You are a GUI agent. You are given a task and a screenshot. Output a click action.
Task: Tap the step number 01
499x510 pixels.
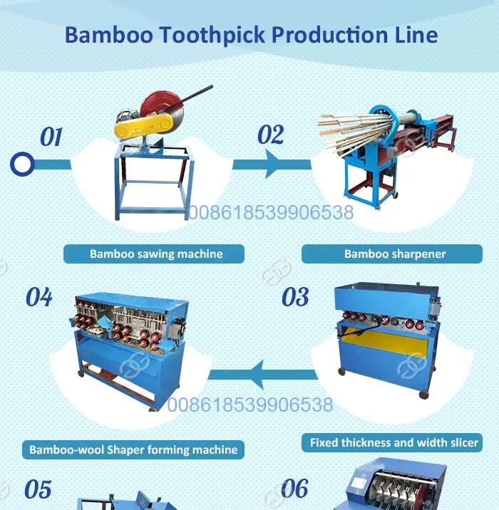click(51, 137)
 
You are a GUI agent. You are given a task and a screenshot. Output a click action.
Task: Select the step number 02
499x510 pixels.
click(270, 135)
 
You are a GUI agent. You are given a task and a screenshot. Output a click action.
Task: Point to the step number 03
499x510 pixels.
click(295, 296)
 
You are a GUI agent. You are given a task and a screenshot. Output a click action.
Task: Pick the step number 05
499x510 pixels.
click(38, 489)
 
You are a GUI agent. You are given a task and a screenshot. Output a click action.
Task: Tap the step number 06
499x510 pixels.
click(294, 488)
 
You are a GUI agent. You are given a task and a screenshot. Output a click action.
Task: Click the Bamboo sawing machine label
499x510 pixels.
click(154, 254)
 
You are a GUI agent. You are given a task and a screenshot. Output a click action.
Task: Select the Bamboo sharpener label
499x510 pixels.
click(392, 254)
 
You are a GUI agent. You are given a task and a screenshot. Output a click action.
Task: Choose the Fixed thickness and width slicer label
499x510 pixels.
click(392, 442)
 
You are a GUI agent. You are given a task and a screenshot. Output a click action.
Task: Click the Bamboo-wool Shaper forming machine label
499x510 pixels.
click(133, 450)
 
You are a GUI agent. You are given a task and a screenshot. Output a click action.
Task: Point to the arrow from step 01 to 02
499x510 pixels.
click(272, 164)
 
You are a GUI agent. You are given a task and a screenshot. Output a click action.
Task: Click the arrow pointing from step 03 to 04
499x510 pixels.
click(263, 375)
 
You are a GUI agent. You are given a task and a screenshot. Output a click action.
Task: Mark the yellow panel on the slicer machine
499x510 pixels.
click(384, 341)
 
